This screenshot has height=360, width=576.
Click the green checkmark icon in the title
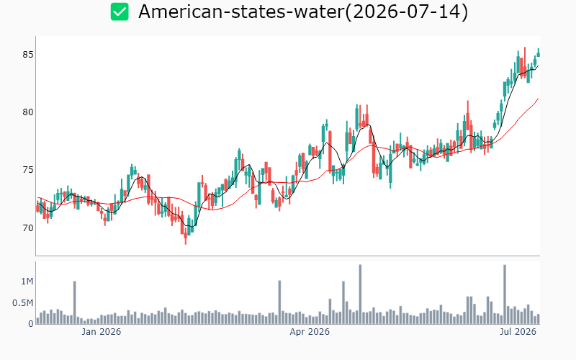point(120,12)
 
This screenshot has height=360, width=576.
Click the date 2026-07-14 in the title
point(407,12)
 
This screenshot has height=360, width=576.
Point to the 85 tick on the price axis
point(28,55)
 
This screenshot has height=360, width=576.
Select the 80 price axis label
point(28,112)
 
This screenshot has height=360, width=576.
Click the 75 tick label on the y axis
point(28,170)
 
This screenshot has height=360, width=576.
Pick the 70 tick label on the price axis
point(28,228)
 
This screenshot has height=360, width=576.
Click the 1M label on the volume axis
point(27,282)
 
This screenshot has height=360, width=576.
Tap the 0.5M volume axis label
point(23,303)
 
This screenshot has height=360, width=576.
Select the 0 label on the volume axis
point(31,324)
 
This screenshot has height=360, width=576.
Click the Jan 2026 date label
point(101,332)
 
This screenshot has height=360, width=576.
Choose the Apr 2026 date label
point(310,332)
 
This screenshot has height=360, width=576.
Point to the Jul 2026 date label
point(518,332)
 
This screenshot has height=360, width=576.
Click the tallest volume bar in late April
point(360,294)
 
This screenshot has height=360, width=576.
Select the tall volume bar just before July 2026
point(505,294)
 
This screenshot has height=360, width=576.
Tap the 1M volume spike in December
point(75,302)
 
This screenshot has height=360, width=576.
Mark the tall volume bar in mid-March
point(279,302)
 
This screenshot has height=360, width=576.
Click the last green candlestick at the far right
point(539,53)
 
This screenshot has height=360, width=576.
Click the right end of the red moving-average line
point(539,99)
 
